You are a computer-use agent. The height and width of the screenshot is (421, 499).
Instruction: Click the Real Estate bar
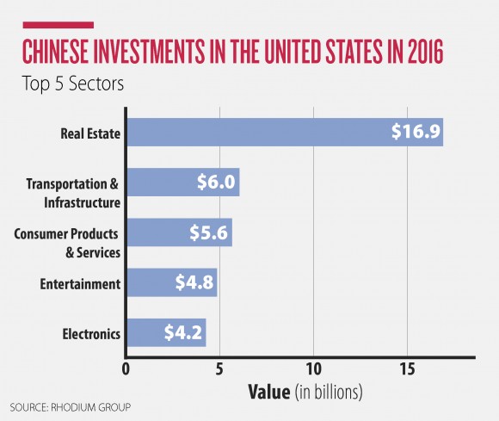point(284,133)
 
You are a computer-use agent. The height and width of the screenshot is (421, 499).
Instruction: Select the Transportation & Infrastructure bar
point(182,183)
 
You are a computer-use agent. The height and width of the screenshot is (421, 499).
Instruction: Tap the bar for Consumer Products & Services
point(179,232)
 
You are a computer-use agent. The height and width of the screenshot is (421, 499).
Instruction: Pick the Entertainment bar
point(171,282)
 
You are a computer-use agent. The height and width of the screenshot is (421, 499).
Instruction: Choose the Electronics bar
point(166,331)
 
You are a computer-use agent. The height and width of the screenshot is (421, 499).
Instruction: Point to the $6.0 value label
point(214,183)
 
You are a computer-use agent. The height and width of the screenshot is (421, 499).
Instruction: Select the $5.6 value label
point(207,233)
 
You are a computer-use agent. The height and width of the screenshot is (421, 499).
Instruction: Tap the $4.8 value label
point(192,282)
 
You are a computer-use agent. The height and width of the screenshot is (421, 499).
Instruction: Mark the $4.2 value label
point(180,332)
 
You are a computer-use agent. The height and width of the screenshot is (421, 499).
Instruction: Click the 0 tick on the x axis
point(126,369)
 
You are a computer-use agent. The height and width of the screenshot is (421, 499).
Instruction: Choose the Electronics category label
point(89,332)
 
